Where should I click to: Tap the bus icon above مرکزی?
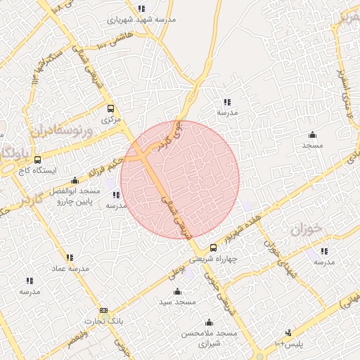point(110,109)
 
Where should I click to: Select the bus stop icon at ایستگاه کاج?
point(37,160)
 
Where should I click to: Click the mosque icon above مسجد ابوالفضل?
point(75,180)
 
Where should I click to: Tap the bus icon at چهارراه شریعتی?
point(214,247)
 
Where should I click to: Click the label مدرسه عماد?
point(70,269)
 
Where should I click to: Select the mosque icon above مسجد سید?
point(176,291)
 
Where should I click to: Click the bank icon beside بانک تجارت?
point(104,310)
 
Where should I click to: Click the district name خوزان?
point(305,229)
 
